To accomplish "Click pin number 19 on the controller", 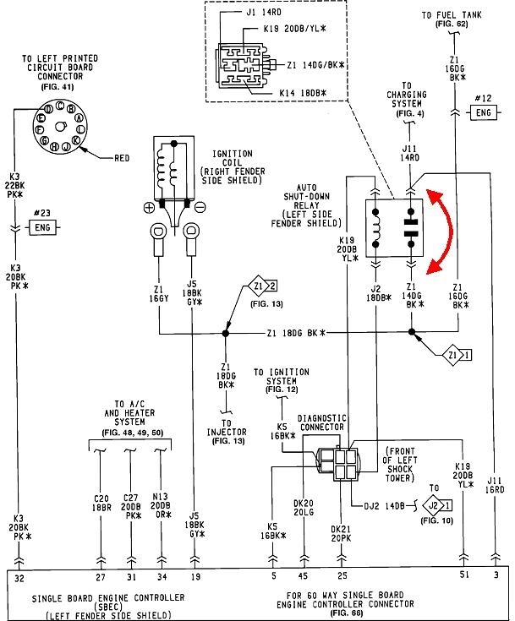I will tap(196, 578).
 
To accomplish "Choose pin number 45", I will tap(303, 578).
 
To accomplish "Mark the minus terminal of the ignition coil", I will tap(199, 207).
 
